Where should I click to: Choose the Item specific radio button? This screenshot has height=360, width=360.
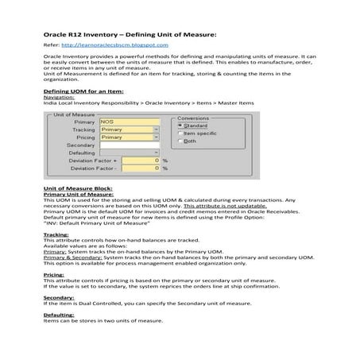180,134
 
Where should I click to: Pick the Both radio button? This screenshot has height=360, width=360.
180,141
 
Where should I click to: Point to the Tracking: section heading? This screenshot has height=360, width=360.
56,235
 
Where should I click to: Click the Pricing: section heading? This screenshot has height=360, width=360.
53,273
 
